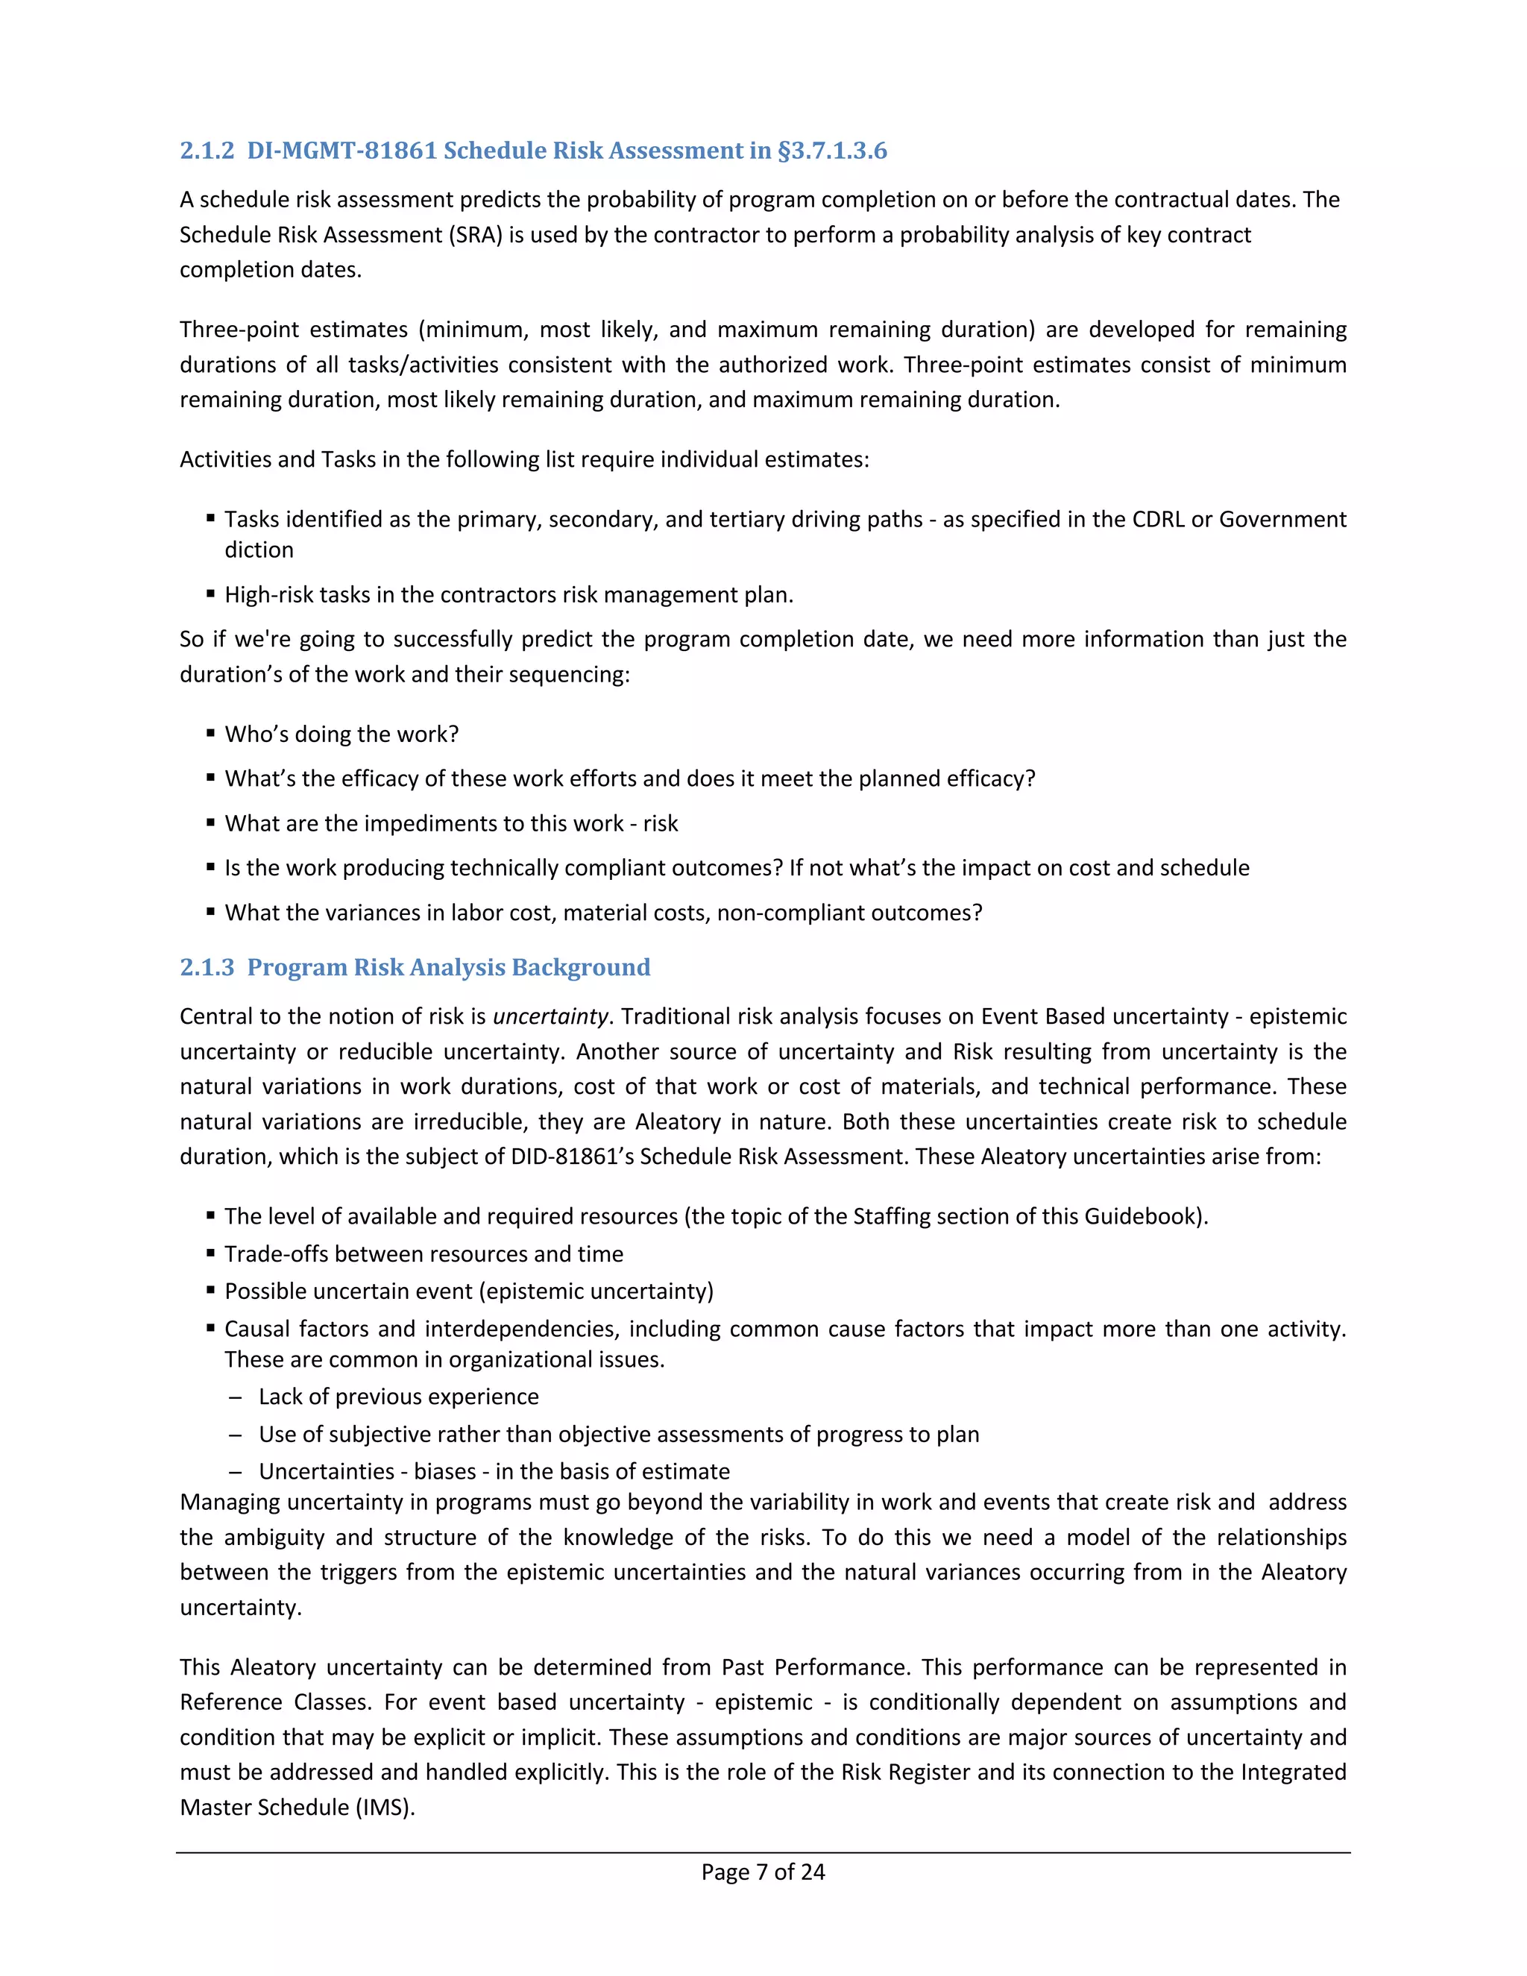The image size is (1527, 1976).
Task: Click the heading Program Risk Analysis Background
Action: (448, 967)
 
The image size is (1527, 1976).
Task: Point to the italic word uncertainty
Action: (550, 1017)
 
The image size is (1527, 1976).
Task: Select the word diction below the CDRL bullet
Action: (259, 550)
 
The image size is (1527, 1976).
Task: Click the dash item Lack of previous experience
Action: (398, 1397)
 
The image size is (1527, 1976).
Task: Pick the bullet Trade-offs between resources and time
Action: (424, 1254)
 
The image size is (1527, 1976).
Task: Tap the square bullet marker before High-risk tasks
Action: (210, 594)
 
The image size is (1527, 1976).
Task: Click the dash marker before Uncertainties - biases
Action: (235, 1472)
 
